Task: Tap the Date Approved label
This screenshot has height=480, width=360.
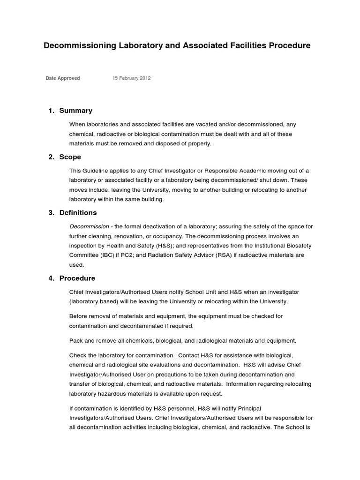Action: tap(63, 78)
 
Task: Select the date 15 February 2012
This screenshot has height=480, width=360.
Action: tap(131, 78)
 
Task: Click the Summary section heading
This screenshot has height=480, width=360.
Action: tap(75, 111)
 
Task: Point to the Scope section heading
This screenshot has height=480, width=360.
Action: tap(70, 157)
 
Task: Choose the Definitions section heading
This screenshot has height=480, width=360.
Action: tap(78, 213)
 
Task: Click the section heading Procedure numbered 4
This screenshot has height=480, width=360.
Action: tap(77, 278)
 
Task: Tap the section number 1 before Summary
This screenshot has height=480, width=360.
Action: tap(51, 111)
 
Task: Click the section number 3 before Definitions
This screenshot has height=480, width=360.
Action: tap(51, 213)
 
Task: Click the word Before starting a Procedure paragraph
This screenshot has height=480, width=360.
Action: tap(79, 316)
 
